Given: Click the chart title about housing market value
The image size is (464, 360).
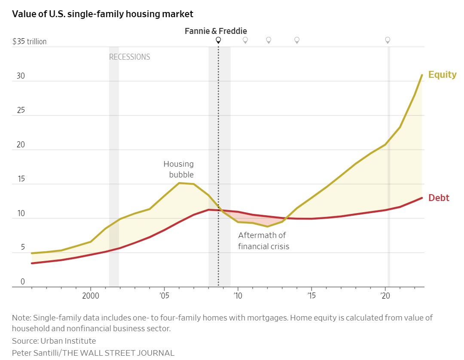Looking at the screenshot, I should pos(103,14).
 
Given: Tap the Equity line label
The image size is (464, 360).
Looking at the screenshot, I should pos(442,74).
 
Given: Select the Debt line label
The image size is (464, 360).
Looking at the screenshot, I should pos(439,198).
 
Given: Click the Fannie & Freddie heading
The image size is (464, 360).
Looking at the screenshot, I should pos(216,31).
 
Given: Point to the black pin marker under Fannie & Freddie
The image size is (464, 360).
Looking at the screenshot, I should pos(218,40).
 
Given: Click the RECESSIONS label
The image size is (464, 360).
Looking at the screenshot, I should pos(129,57).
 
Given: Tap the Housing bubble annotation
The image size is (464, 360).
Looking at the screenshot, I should pos(179,169).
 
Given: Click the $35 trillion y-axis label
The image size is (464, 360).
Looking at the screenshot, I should pos(29,42).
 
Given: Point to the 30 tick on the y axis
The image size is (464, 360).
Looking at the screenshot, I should pos(21,76).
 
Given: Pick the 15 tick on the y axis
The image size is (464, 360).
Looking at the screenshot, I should pos(21,179).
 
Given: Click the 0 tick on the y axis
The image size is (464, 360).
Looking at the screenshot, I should pos(22,282).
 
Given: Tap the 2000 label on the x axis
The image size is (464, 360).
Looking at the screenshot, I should pos(91,296).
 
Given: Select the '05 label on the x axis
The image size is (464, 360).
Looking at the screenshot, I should pos(164,296).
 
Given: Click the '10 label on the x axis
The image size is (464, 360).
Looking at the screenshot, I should pos(237,296).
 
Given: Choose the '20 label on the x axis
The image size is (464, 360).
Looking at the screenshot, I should pos(385,296).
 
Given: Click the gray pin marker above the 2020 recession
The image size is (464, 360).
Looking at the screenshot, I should pos(388,40).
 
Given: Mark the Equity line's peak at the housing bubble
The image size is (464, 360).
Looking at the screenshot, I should pos(179,183).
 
